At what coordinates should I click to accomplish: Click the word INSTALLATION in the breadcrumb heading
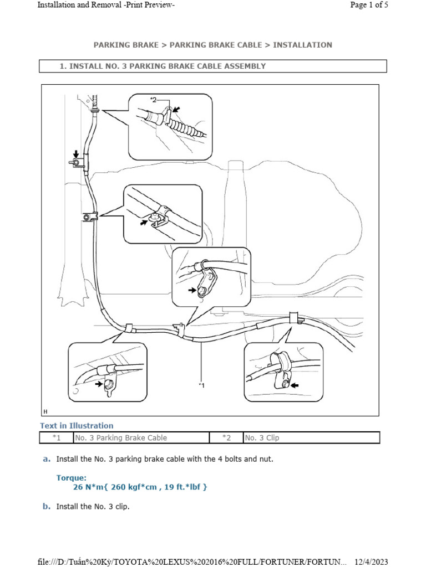[x=302, y=45]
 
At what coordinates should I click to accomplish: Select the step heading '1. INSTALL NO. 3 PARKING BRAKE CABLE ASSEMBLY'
[x=163, y=66]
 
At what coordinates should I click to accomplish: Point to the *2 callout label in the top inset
[x=154, y=100]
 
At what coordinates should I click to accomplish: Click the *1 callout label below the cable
[x=202, y=385]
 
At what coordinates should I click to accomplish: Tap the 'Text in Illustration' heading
[x=77, y=426]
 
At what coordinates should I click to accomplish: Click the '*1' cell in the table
[x=56, y=437]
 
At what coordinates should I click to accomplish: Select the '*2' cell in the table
[x=226, y=437]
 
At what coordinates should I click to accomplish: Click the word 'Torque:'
[x=71, y=477]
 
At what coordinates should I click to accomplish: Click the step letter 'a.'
[x=47, y=459]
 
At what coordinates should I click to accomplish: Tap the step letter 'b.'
[x=47, y=506]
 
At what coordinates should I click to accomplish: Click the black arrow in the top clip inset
[x=177, y=110]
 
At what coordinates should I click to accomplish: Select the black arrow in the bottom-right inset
[x=293, y=384]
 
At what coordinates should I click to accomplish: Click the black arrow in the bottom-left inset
[x=99, y=383]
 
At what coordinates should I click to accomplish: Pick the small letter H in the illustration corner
[x=45, y=411]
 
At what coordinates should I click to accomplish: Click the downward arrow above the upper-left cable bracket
[x=77, y=154]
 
